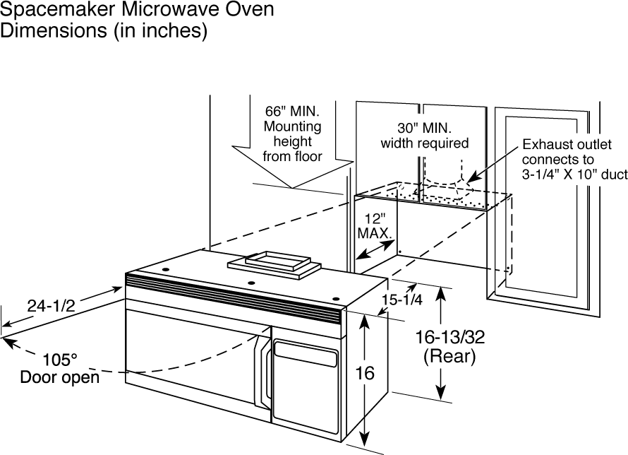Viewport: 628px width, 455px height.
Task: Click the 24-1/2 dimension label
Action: click(x=50, y=305)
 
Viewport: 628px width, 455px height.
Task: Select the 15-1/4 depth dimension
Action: click(x=401, y=300)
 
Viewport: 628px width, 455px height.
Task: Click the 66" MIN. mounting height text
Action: click(x=292, y=112)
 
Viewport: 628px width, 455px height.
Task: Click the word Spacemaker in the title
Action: click(x=61, y=11)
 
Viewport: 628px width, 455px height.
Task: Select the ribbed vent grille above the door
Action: click(x=233, y=297)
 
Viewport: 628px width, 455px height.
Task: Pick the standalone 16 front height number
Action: click(x=364, y=373)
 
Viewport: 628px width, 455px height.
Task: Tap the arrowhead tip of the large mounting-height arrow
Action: click(x=291, y=187)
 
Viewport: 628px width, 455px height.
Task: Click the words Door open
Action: click(x=59, y=377)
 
